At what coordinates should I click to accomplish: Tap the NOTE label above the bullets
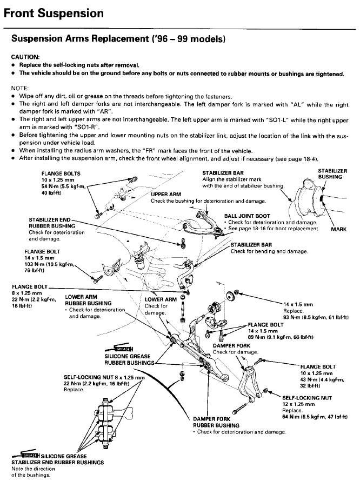pos(21,88)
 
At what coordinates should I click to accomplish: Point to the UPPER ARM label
pos(166,194)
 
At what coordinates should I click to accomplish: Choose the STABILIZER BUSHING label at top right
pos(332,173)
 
